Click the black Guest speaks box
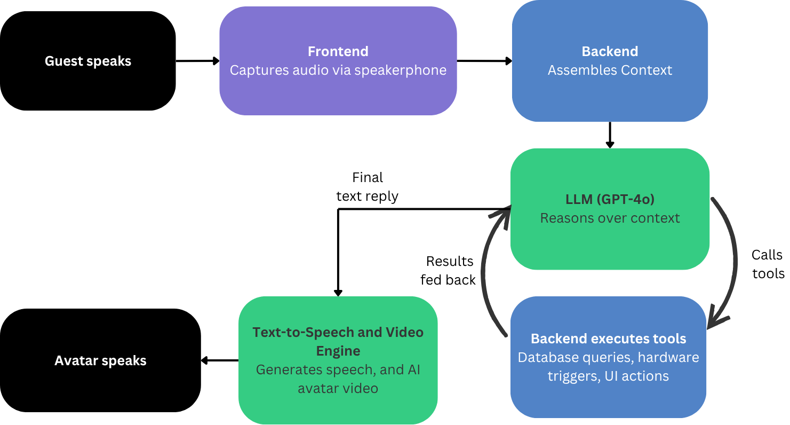pyautogui.click(x=87, y=80)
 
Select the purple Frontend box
pyautogui.click(x=338, y=91)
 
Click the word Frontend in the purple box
pyautogui.click(x=338, y=51)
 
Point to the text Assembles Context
pyautogui.click(x=610, y=70)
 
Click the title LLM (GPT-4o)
pyautogui.click(x=610, y=199)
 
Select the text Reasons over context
pyautogui.click(x=610, y=218)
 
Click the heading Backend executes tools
pyautogui.click(x=608, y=339)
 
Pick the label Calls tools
pyautogui.click(x=768, y=264)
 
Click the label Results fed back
pyautogui.click(x=448, y=270)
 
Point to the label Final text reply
pyautogui.click(x=367, y=186)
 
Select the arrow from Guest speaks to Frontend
pyautogui.click(x=197, y=61)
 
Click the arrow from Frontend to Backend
pyautogui.click(x=484, y=61)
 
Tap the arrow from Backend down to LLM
pyautogui.click(x=610, y=135)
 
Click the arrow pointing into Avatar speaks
pyautogui.click(x=219, y=361)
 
